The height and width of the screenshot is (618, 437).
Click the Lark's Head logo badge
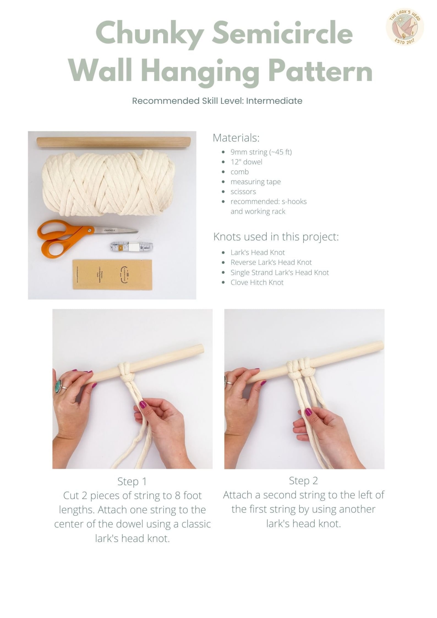[x=405, y=27]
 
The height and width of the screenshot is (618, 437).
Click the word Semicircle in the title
[x=282, y=35]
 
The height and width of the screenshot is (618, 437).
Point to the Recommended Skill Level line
[x=217, y=101]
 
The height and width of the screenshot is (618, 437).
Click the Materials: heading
[x=236, y=138]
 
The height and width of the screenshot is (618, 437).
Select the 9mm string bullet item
[x=261, y=152]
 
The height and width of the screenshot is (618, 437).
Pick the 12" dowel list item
[x=246, y=162]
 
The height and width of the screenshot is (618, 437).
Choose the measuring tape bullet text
[x=255, y=182]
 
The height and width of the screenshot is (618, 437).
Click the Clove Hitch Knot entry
[x=257, y=283]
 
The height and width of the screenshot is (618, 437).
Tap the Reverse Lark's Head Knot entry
[x=271, y=262]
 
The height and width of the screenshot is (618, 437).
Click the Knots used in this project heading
[x=276, y=237]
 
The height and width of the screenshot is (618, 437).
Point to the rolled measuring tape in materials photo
[x=132, y=247]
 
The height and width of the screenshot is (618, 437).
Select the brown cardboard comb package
[x=112, y=274]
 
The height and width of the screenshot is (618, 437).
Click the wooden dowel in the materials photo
[x=113, y=142]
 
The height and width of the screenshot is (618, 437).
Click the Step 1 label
[x=132, y=482]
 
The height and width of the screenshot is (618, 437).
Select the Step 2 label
[x=303, y=481]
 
